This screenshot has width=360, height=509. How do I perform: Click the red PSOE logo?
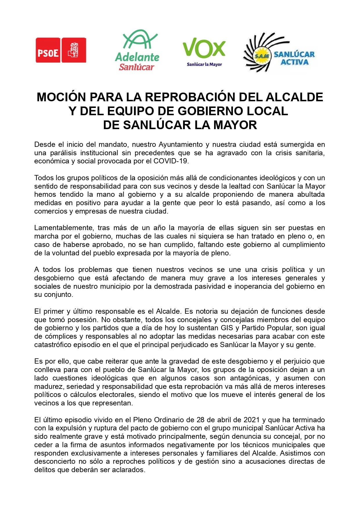click(x=61, y=50)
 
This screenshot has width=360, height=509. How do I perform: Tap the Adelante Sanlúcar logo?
click(x=137, y=50)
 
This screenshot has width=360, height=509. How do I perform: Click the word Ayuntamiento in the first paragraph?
click(x=181, y=145)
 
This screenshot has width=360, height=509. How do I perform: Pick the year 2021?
click(x=251, y=420)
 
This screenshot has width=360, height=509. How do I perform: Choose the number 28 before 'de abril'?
click(x=201, y=420)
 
